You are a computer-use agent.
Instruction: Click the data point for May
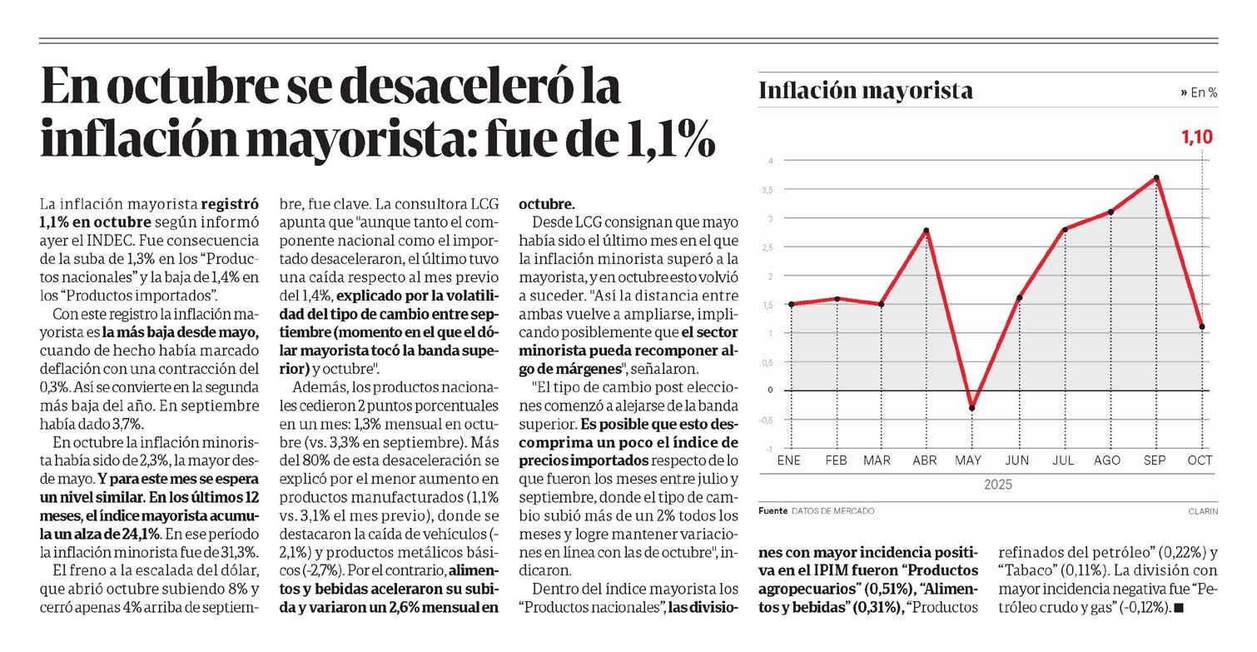click(971, 408)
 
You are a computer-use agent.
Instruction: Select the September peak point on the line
click(1157, 177)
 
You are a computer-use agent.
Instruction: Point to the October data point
click(1202, 326)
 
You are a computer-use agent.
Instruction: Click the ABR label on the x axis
click(925, 460)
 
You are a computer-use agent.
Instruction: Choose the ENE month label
click(789, 460)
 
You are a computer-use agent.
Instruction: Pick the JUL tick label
click(1064, 460)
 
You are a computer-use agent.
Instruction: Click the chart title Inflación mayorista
click(866, 91)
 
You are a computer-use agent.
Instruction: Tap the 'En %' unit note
click(1199, 93)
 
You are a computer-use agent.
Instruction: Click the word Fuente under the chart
click(773, 510)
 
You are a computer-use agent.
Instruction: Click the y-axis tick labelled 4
click(771, 161)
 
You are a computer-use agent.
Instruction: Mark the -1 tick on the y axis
click(770, 449)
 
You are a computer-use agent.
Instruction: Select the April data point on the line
click(926, 230)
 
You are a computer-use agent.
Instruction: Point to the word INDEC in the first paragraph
click(122, 241)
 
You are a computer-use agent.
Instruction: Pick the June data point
click(1019, 297)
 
